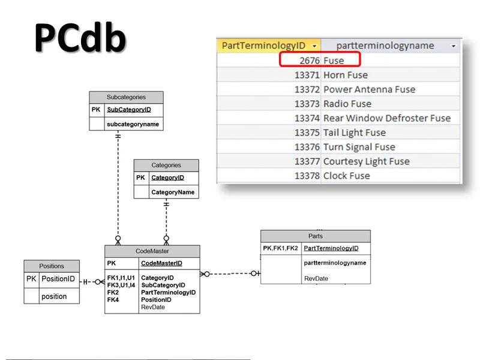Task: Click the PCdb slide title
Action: [80, 39]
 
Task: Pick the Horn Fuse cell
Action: [346, 75]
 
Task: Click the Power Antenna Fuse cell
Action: [369, 89]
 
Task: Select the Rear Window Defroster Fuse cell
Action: [387, 118]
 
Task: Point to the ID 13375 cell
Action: [307, 133]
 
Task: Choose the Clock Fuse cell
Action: [346, 176]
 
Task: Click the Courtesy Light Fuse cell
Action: [366, 161]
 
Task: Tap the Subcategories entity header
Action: [126, 97]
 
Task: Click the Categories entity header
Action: [166, 165]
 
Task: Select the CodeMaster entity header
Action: [152, 251]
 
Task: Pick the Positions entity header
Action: [52, 266]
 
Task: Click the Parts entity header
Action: [316, 236]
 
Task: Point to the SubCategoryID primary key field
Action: [129, 110]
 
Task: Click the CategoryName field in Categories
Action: [173, 192]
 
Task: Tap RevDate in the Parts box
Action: [316, 278]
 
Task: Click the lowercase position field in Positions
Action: [54, 296]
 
